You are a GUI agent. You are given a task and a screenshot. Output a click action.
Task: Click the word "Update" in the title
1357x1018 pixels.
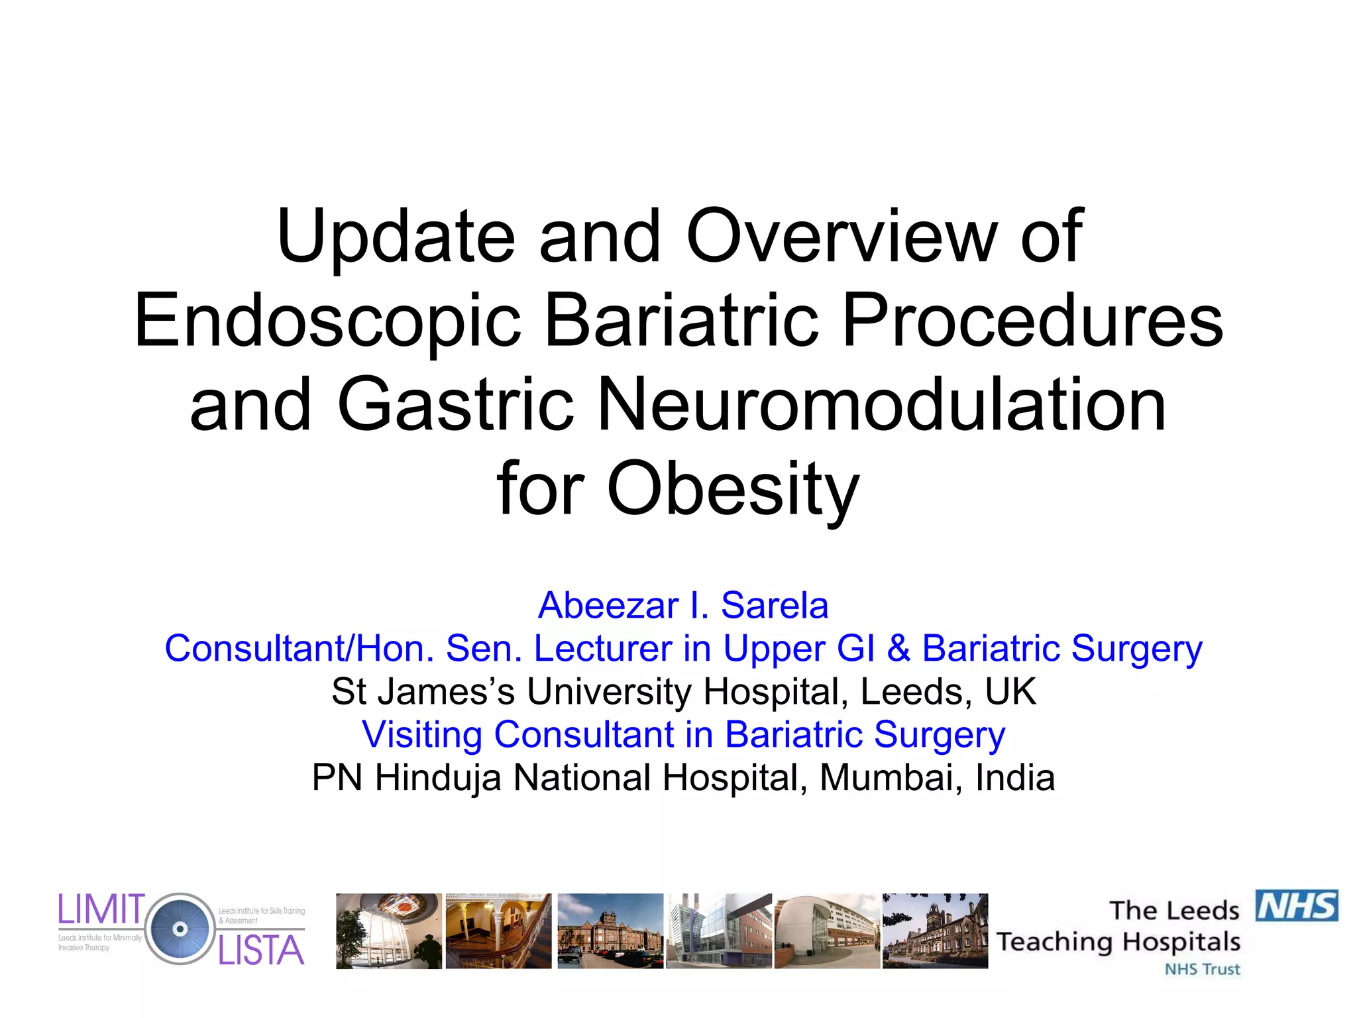click(396, 237)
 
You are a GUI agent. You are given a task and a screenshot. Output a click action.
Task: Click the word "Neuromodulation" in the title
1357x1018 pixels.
click(882, 405)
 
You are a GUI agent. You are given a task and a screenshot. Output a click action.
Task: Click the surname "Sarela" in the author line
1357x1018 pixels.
click(774, 606)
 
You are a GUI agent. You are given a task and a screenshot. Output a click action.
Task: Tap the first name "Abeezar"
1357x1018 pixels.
click(608, 606)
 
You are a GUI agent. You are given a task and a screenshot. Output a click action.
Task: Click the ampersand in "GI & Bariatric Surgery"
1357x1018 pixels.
click(898, 648)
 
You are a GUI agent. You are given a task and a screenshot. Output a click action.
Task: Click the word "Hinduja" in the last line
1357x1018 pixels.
click(438, 777)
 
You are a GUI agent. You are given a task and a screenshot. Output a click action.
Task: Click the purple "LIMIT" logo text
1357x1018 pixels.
click(101, 909)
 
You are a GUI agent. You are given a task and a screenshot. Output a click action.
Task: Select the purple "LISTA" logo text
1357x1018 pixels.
click(261, 951)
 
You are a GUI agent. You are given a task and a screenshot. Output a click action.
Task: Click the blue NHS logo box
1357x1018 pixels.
click(1297, 906)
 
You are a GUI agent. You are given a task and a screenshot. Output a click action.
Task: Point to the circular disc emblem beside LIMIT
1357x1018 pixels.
click(180, 929)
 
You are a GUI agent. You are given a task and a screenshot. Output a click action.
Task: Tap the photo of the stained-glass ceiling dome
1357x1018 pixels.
click(388, 931)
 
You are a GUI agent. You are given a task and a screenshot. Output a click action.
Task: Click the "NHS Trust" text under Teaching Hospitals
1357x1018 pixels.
click(1202, 970)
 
